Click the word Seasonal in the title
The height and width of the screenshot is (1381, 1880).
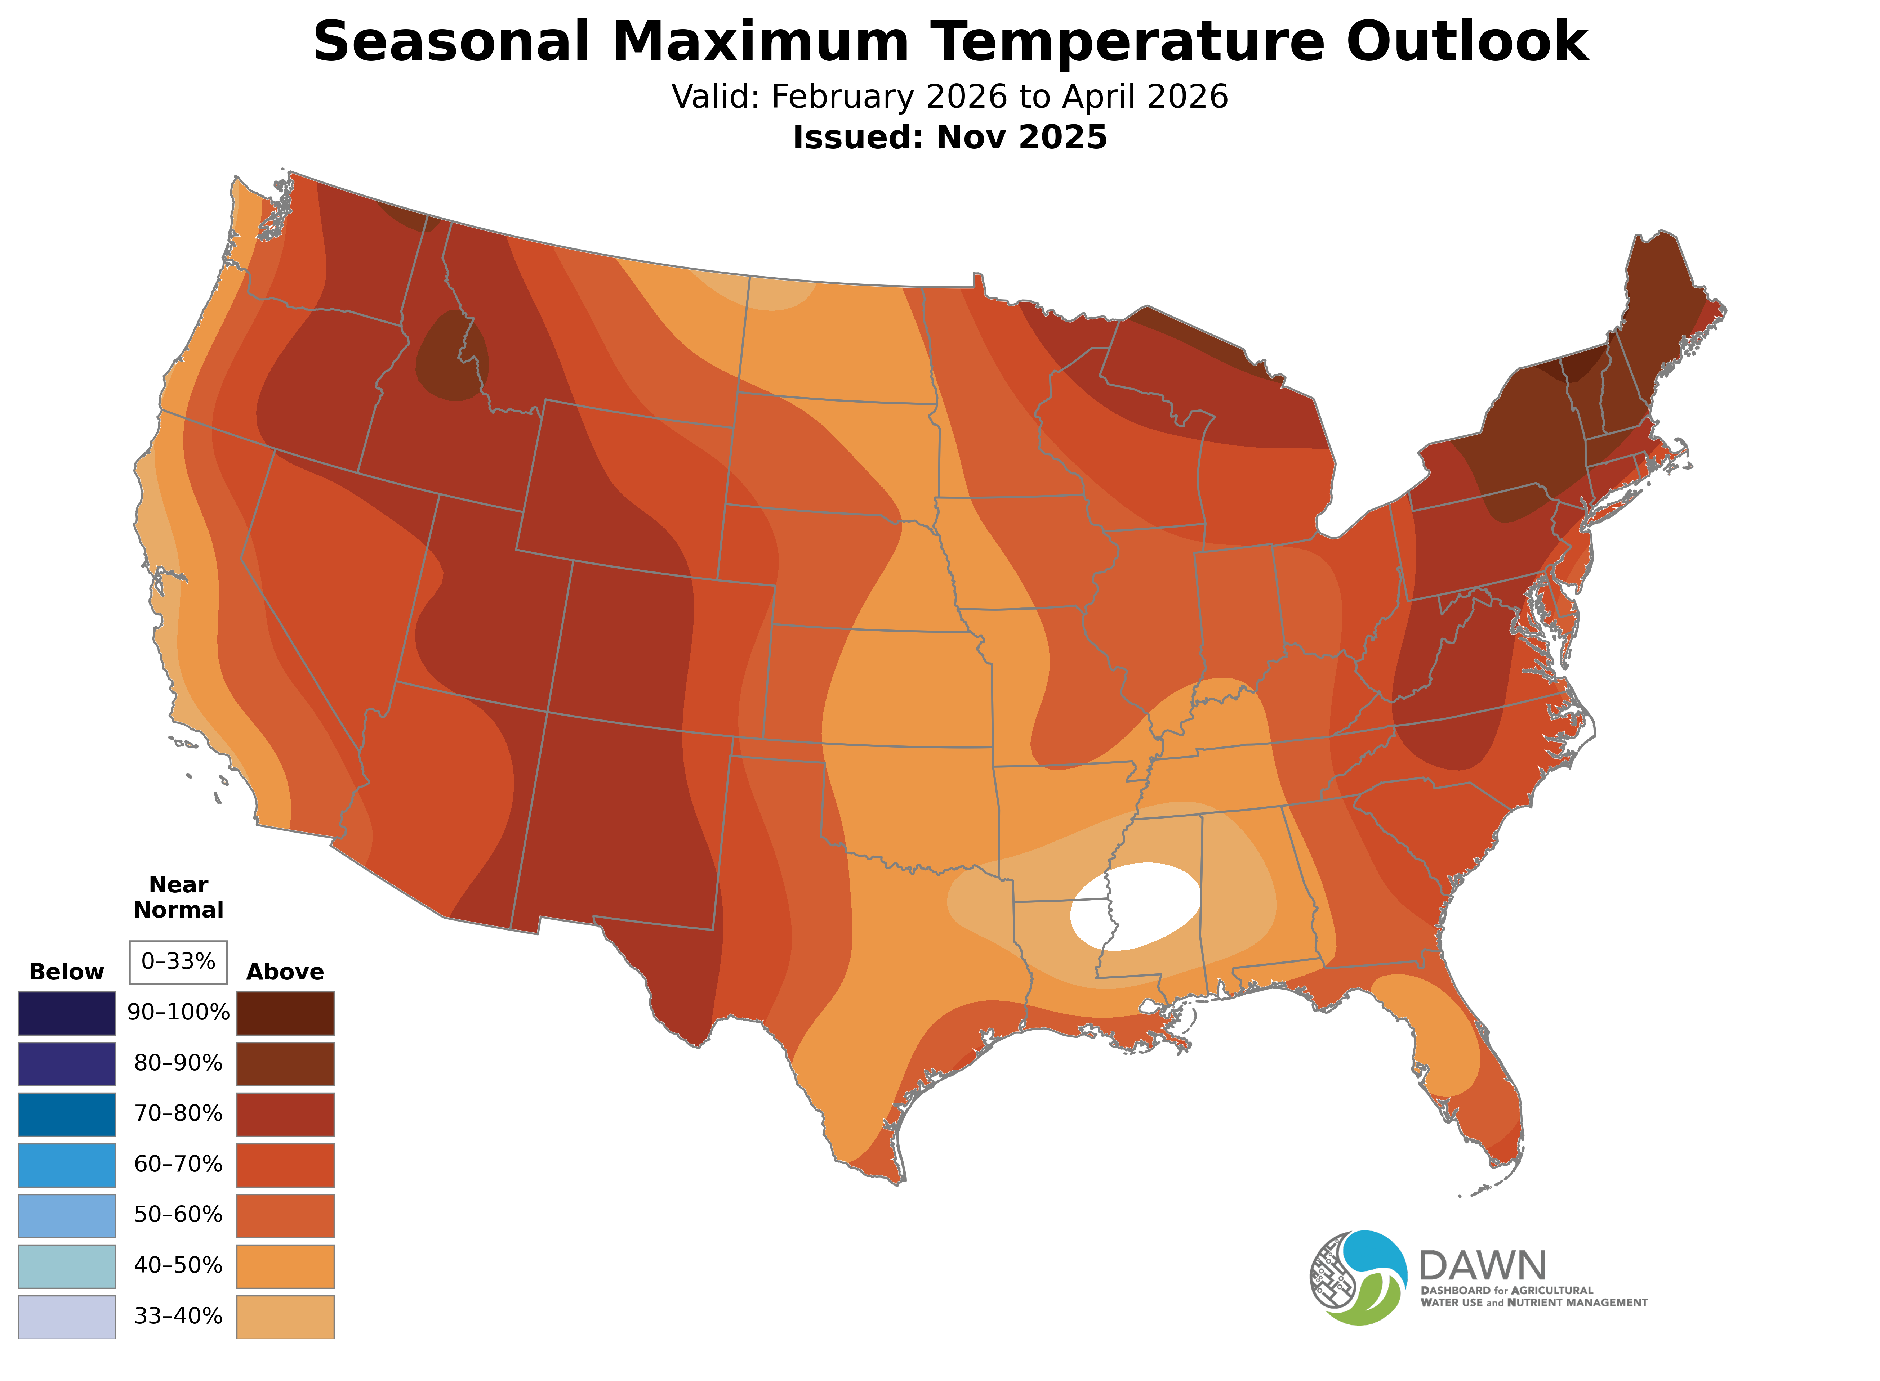(x=451, y=42)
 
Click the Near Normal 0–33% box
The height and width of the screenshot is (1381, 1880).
(x=178, y=961)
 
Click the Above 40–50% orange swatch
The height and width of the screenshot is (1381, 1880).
(x=285, y=1266)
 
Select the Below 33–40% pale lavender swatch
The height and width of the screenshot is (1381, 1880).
(x=67, y=1317)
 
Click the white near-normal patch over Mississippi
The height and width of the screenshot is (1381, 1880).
(x=1135, y=905)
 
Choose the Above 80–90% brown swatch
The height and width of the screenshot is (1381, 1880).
(x=285, y=1063)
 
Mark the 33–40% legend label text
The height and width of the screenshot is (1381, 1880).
(x=178, y=1317)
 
